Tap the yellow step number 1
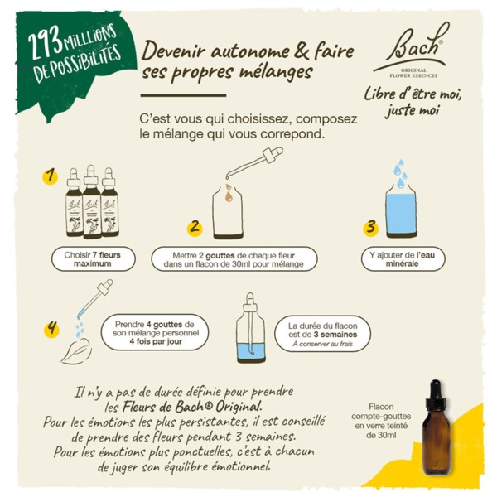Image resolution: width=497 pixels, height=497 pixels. click(50, 176)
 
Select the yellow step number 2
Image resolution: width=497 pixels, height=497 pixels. click(195, 224)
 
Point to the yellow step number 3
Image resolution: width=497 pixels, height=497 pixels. click(371, 224)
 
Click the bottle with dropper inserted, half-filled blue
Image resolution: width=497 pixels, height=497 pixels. click(250, 331)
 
